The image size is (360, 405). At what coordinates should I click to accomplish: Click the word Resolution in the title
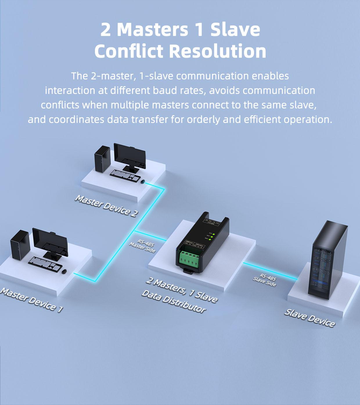(x=217, y=51)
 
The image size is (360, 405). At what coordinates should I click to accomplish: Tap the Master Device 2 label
(x=106, y=206)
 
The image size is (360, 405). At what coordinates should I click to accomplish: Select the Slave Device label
(x=309, y=318)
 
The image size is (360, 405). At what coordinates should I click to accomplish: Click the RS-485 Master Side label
(x=143, y=245)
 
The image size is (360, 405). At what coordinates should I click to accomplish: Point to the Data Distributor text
(x=174, y=302)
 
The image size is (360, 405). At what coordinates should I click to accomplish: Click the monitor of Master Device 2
(x=130, y=155)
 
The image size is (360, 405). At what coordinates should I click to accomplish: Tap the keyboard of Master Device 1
(x=45, y=264)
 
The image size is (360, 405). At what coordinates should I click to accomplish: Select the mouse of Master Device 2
(x=143, y=182)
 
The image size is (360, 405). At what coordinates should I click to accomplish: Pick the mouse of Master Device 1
(x=64, y=271)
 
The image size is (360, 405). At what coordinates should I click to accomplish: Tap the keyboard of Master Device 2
(x=125, y=175)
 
